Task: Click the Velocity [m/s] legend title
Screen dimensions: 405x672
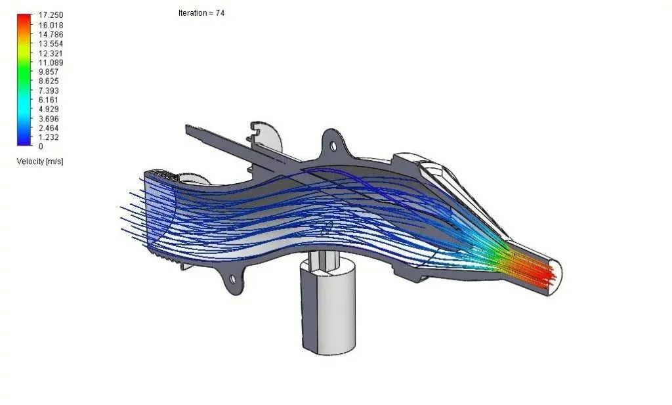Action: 40,161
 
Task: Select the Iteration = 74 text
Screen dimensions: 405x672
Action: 201,13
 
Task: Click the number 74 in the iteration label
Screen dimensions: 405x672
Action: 220,13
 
